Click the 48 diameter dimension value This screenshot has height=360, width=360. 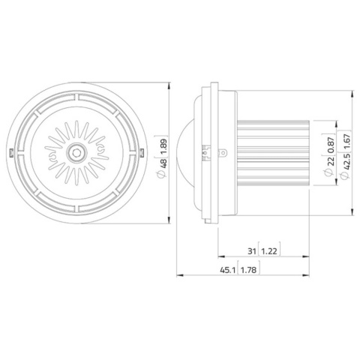pos(163,163)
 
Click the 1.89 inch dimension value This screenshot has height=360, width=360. pos(163,146)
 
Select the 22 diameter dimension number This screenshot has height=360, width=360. pos(331,161)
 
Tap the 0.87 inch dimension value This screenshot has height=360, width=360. pos(331,145)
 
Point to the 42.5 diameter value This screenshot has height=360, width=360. pos(347,162)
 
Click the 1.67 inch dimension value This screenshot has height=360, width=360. pos(347,142)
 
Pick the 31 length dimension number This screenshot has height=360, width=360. pos(252,251)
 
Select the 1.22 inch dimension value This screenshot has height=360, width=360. pos(269,251)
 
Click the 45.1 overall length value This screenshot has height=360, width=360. pos(228,270)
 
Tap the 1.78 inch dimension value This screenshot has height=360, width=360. pos(248,270)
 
